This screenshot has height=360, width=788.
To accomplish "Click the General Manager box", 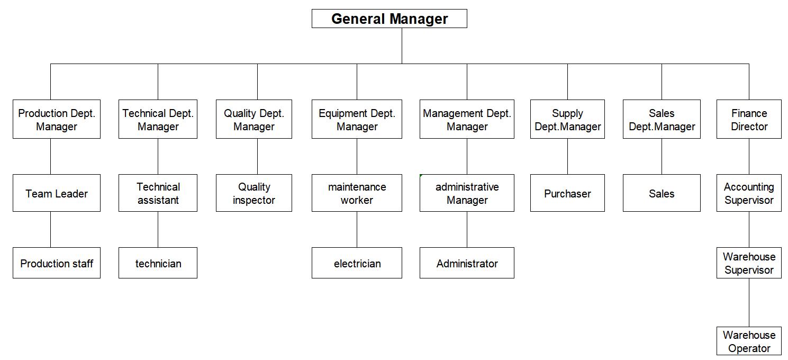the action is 390,19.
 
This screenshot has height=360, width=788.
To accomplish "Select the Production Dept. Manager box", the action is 57,119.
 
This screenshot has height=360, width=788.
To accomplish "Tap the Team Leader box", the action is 57,193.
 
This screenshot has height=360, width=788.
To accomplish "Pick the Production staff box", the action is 57,263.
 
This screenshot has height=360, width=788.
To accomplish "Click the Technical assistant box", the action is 158,193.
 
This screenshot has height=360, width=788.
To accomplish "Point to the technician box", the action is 158,263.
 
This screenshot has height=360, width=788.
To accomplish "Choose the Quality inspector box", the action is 254,193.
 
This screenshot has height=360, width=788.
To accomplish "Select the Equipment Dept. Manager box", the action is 357,119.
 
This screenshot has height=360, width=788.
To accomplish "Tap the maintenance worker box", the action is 357,193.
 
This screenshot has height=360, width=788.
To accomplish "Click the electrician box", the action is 357,263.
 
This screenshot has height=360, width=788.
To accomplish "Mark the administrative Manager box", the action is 467,193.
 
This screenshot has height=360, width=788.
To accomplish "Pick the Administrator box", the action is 467,263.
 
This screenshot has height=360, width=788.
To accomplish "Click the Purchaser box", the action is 567,193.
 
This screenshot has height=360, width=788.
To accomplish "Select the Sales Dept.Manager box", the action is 662,119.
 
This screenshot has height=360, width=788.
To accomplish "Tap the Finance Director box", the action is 749,119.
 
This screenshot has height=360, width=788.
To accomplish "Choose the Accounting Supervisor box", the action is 749,193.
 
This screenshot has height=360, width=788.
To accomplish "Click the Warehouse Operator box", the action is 749,341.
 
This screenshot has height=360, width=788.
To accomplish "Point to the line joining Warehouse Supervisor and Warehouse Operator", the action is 749,303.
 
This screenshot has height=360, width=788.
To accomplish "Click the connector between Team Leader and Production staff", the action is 50,229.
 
